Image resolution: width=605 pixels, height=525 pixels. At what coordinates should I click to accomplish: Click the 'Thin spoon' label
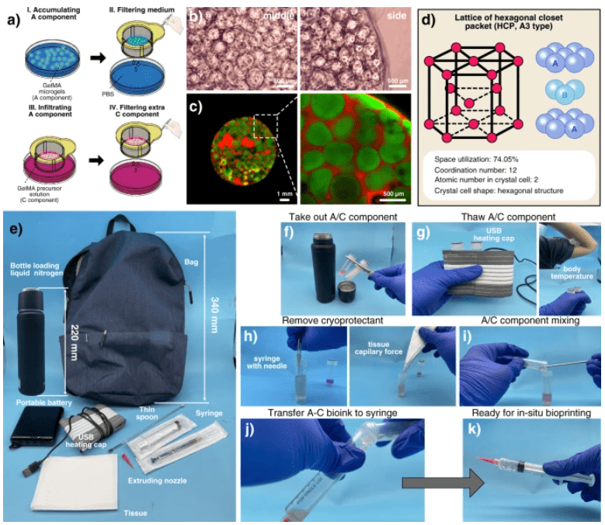(x=151, y=409)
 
